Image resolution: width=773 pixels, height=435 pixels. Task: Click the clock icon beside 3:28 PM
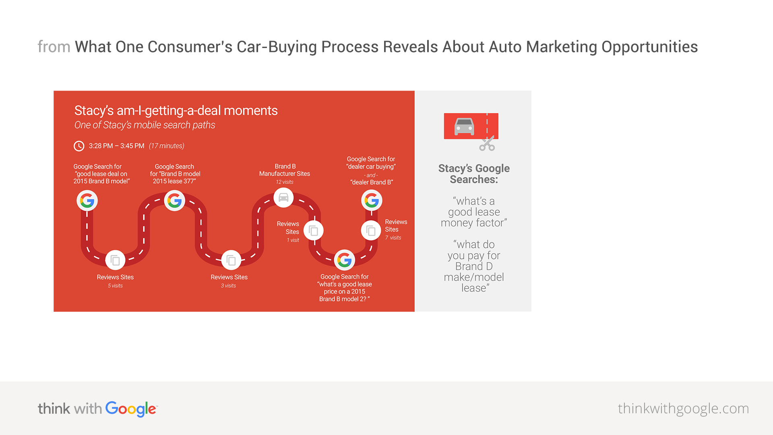[x=79, y=146]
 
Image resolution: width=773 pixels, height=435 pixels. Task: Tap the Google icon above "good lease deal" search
[x=87, y=201]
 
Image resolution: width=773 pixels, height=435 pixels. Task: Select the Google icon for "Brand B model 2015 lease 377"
[x=174, y=201]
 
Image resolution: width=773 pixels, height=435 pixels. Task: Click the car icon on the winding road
[x=283, y=198]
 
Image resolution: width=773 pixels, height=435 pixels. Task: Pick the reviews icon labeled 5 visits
[x=115, y=260]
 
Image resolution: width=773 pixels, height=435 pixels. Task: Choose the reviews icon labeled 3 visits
[x=231, y=260]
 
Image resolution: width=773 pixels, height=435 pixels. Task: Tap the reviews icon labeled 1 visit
[x=313, y=231]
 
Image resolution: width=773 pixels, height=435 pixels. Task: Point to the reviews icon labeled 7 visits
[x=371, y=231]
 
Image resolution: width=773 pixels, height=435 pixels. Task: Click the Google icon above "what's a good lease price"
[x=345, y=260]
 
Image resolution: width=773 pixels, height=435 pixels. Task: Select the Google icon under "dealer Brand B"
[x=372, y=200]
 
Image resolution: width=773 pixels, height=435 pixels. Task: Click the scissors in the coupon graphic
[x=487, y=143]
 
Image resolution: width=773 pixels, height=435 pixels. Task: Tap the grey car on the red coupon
[x=464, y=126]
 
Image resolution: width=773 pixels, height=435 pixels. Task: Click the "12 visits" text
[x=285, y=182]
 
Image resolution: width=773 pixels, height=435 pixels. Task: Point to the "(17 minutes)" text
[x=166, y=146]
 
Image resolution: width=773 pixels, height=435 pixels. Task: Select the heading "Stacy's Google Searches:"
[x=474, y=174]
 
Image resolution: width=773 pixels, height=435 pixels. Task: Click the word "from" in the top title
[x=54, y=47]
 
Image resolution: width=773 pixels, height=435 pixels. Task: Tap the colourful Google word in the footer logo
[x=131, y=409]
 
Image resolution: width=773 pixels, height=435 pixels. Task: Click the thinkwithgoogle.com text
[x=683, y=408]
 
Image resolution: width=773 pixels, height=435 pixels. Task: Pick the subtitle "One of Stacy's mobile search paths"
[x=145, y=125]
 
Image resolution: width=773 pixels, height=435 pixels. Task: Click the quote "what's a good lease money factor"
[x=474, y=212]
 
